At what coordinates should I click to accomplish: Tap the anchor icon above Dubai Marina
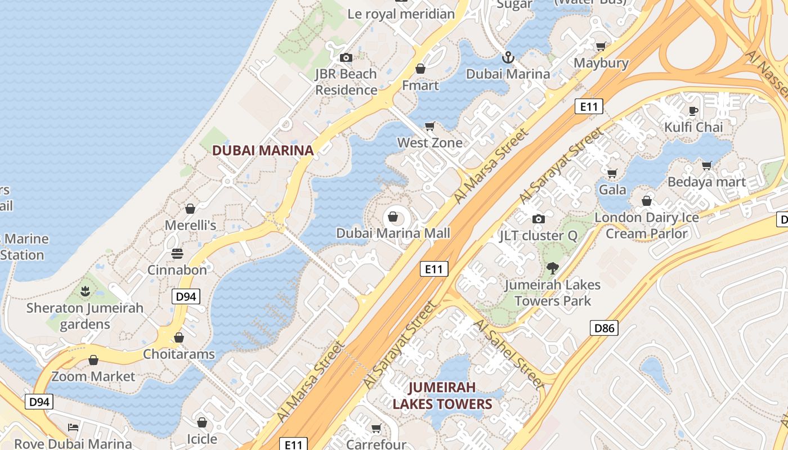pos(508,57)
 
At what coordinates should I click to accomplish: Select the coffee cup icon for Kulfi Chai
pos(693,111)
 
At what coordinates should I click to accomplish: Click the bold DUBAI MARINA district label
pos(262,150)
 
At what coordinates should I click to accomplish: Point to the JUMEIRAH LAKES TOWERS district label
pos(442,395)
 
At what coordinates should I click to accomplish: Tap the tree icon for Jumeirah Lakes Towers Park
pos(552,268)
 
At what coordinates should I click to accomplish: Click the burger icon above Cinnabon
pos(177,254)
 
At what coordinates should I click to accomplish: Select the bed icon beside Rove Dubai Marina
pos(73,427)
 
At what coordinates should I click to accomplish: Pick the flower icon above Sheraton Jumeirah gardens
pos(85,291)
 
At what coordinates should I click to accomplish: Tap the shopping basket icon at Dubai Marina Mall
pos(393,217)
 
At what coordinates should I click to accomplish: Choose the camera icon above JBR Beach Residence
pos(346,57)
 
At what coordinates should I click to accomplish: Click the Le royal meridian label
pos(401,14)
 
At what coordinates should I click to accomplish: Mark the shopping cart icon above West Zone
pos(430,127)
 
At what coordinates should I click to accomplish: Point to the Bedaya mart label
pos(706,182)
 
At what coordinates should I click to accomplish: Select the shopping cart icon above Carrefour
pos(376,429)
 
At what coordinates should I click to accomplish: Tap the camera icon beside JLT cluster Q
pos(539,219)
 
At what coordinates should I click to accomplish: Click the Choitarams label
pos(179,354)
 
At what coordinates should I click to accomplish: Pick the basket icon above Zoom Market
pos(93,360)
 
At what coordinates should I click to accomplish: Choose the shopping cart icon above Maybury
pos(601,47)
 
